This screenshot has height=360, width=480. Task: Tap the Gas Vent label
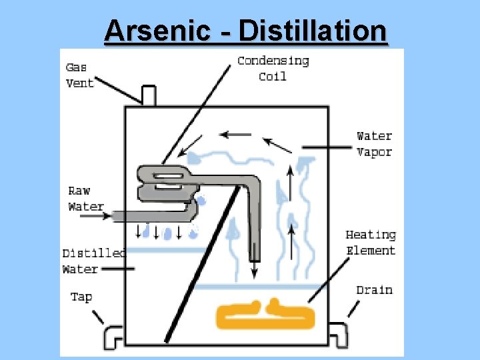[x=79, y=75]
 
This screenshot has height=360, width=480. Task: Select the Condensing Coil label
[x=273, y=69]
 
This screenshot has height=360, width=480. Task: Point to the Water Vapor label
[x=374, y=144]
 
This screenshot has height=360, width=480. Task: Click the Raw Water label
[x=86, y=199]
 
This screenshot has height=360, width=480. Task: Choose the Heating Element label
[x=371, y=243]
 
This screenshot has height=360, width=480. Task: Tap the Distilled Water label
[x=93, y=261]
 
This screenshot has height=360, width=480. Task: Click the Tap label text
[x=81, y=297]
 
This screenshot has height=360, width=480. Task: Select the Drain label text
[x=374, y=290]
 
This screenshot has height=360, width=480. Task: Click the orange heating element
[x=265, y=315]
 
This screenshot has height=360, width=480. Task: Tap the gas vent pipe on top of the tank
[x=149, y=95]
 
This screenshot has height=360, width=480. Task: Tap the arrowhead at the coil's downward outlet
[x=254, y=273]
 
